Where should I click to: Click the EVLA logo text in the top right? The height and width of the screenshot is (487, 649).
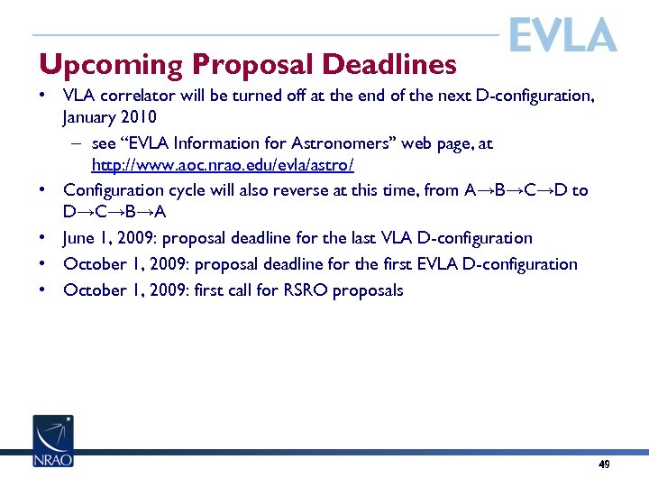click(562, 36)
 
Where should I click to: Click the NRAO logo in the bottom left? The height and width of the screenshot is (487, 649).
click(53, 441)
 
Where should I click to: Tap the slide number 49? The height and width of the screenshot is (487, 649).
click(604, 464)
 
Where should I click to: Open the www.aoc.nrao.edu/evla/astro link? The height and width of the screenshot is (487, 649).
click(223, 165)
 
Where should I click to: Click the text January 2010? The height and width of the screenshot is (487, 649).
click(109, 117)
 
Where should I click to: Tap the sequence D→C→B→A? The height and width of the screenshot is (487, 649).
click(114, 212)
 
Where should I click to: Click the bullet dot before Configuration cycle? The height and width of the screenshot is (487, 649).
click(42, 190)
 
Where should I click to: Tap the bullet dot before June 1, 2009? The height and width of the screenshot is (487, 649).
click(42, 238)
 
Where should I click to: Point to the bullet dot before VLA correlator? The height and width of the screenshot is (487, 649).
click(42, 96)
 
